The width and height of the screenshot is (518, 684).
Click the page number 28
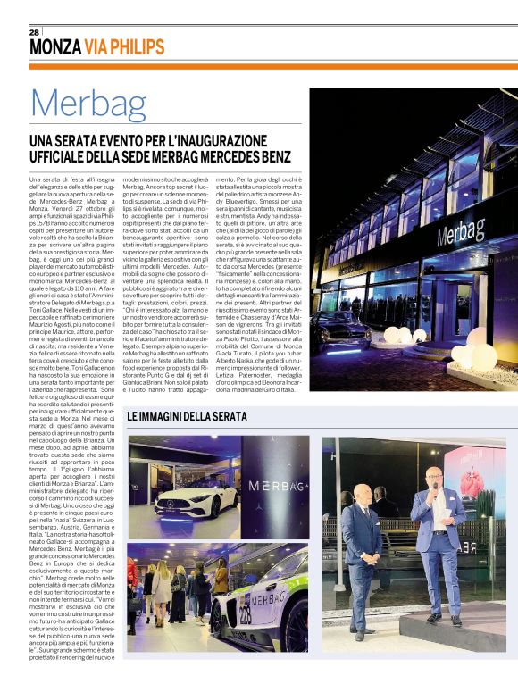coord(34,32)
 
